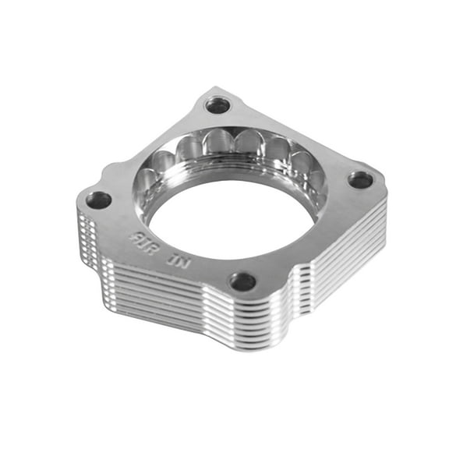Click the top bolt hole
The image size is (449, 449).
pyautogui.click(x=218, y=104)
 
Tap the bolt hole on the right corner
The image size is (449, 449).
pyautogui.click(x=360, y=180)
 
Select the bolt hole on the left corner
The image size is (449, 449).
pyautogui.click(x=98, y=200)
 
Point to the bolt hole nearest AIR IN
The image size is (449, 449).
pyautogui.click(x=243, y=281)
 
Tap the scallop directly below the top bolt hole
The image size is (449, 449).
pyautogui.click(x=220, y=143)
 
